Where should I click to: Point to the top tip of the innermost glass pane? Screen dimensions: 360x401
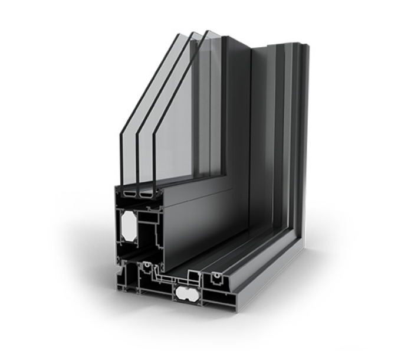(207, 31)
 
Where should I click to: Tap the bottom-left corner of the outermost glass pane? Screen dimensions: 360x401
(121, 186)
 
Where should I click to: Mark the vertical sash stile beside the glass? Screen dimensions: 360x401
(236, 106)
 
